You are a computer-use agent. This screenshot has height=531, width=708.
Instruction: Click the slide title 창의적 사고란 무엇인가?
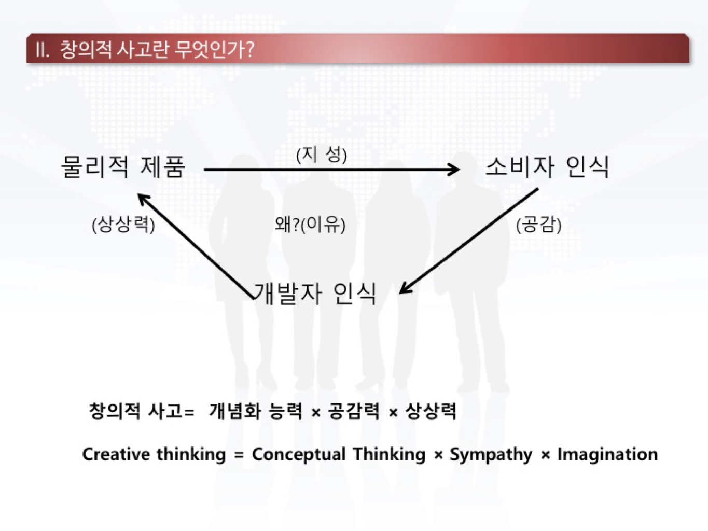[157, 50]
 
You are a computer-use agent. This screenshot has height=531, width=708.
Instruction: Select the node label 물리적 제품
[123, 166]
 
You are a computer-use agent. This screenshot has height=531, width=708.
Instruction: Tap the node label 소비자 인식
[547, 166]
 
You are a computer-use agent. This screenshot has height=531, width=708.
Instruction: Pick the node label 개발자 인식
[315, 293]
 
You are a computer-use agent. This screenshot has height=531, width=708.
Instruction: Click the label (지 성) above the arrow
[321, 155]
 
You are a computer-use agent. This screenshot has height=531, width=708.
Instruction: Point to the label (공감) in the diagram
[539, 225]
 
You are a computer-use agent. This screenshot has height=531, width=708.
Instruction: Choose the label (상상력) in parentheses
[123, 225]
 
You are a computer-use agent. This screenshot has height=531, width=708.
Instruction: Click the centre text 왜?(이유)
[310, 225]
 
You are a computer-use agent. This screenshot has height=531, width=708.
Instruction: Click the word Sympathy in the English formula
[491, 455]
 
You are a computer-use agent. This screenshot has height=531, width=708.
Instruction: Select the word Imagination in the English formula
[608, 454]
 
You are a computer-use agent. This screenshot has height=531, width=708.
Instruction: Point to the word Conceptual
[299, 455]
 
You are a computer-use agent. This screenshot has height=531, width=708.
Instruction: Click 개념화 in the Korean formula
[233, 411]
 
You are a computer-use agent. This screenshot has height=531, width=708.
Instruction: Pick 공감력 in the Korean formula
[354, 411]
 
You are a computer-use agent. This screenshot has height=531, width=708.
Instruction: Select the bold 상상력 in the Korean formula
[431, 411]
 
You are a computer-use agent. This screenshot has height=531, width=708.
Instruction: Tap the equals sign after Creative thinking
[239, 455]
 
